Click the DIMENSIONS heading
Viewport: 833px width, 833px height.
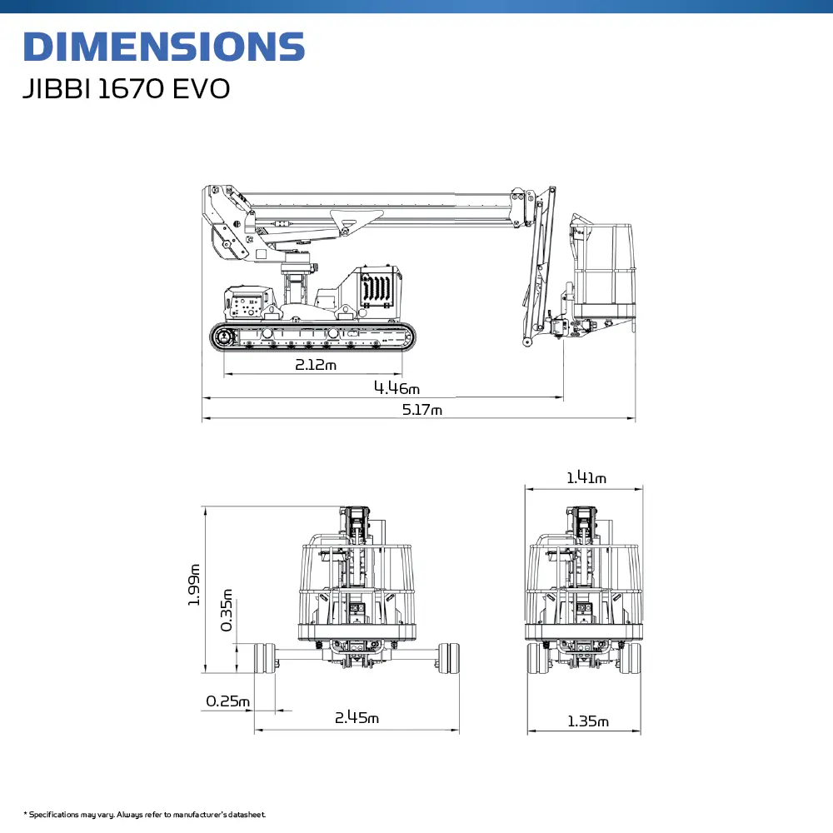coord(164,47)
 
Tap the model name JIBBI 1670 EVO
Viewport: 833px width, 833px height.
coord(127,89)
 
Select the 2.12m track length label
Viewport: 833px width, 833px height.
coord(316,365)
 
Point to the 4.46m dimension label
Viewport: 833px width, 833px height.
coord(397,388)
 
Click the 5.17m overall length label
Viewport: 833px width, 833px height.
coord(421,410)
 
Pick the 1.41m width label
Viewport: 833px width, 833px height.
coord(586,477)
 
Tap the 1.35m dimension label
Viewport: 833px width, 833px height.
coord(588,721)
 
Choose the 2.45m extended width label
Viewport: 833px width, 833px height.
coord(357,718)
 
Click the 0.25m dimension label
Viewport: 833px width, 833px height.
coord(227,701)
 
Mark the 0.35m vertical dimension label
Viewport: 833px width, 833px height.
coord(227,610)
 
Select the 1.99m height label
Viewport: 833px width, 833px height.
coord(194,585)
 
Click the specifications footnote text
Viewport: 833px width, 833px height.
coord(144,815)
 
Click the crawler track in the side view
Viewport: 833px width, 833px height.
coord(312,336)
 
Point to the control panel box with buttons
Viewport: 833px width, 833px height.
coord(248,303)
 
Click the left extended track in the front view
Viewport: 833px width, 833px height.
coord(264,658)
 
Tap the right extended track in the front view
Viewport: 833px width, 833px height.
coord(449,658)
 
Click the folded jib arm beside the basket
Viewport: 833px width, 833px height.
coord(539,266)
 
